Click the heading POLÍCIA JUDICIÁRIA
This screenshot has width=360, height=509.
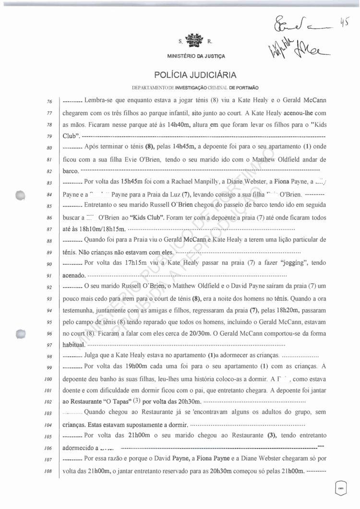coord(195,75)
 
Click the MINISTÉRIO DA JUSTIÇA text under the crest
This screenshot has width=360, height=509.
coord(196,57)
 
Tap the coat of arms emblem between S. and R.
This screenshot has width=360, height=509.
coord(195,40)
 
